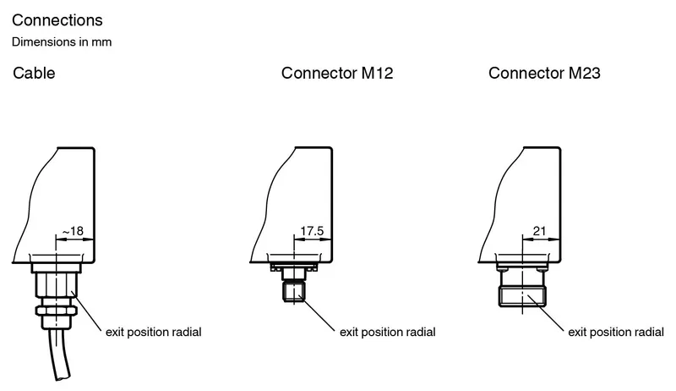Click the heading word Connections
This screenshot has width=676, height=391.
coord(57,20)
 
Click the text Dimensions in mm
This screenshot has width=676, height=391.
coord(62,41)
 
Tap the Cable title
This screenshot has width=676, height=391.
coord(34,73)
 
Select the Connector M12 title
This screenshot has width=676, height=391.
coord(337,73)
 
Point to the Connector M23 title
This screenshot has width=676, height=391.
coord(544,73)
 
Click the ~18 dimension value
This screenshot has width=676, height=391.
coord(73,231)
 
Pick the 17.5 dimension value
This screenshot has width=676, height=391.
coord(312,231)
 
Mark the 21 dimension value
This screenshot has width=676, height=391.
coord(539,231)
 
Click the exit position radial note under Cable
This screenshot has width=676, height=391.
coord(154,332)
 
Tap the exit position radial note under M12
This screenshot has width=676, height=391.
coord(388,332)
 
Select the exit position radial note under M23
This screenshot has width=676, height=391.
coord(616,332)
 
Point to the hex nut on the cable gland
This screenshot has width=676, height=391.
coord(56,311)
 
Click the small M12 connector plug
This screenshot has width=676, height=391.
coord(293,291)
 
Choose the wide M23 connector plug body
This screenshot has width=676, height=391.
coord(522,296)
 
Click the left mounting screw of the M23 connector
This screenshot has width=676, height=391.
coord(502,269)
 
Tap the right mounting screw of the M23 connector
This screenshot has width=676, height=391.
coord(542,269)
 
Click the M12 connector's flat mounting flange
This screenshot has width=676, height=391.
coord(293,267)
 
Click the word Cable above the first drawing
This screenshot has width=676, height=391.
coord(34,73)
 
